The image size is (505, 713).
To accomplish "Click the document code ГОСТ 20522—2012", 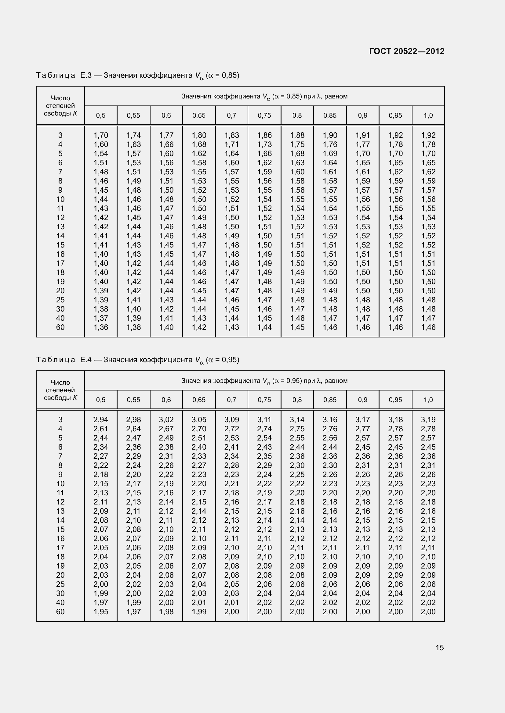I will click(x=406, y=51).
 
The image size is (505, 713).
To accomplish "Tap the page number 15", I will click(x=439, y=647).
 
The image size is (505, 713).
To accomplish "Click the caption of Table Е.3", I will click(x=137, y=76).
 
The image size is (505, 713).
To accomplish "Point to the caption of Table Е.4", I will click(x=137, y=360).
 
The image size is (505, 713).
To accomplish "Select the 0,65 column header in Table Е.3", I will click(x=199, y=116).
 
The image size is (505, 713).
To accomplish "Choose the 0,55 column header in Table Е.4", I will click(x=133, y=400).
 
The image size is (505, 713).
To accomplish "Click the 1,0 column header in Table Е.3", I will click(x=428, y=116).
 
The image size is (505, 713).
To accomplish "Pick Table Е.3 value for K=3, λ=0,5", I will click(x=101, y=135).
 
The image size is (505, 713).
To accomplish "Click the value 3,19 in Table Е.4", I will click(x=428, y=420).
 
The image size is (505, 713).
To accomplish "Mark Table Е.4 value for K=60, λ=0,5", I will click(x=101, y=612).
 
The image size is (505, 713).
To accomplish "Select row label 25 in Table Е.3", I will click(x=60, y=300).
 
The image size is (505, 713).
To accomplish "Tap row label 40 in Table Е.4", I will click(x=60, y=602).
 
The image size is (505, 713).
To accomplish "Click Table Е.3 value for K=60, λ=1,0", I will click(x=428, y=327).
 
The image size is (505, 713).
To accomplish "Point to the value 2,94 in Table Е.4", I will click(x=101, y=420).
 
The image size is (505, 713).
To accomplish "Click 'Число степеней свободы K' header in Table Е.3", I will click(x=60, y=106).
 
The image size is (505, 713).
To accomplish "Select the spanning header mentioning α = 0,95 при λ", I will click(x=264, y=381).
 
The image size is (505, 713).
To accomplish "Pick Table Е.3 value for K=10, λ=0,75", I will click(x=264, y=199).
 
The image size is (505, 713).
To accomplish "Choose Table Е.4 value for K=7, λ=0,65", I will click(x=199, y=457).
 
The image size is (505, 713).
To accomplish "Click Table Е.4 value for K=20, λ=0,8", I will click(x=297, y=575).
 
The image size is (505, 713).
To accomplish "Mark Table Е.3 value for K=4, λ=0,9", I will click(x=363, y=144).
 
